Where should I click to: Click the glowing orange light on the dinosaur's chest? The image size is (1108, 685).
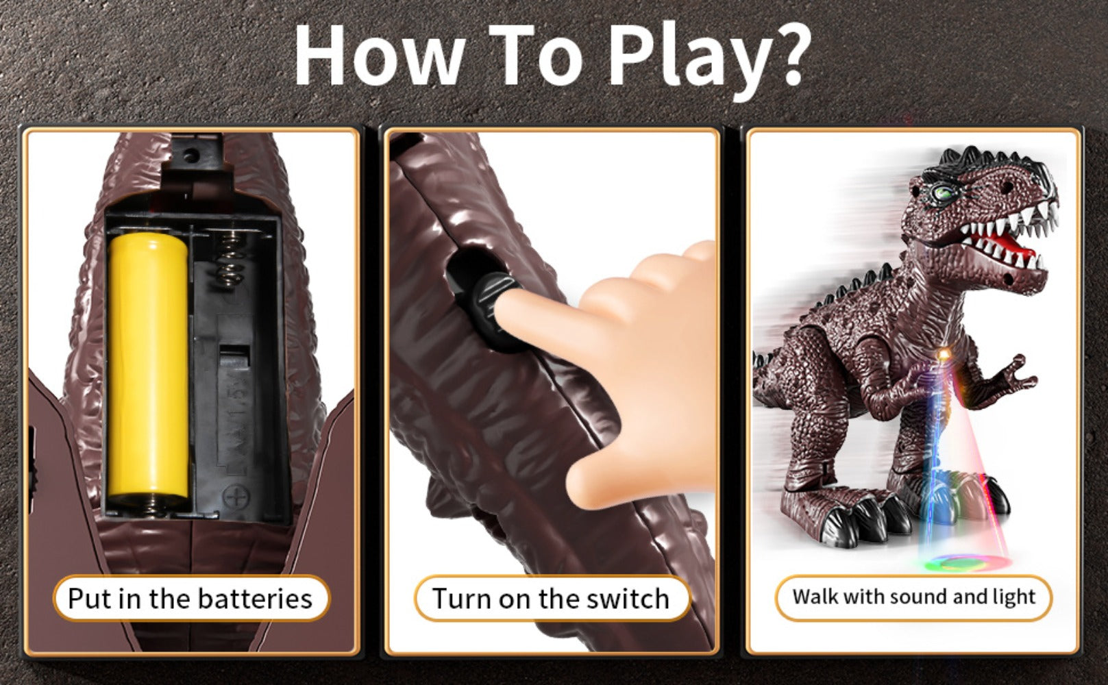click(944, 355)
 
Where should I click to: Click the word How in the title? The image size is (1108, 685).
click(380, 54)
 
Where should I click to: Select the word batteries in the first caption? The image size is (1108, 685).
click(255, 599)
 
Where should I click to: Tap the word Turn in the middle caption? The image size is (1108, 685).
click(463, 599)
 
